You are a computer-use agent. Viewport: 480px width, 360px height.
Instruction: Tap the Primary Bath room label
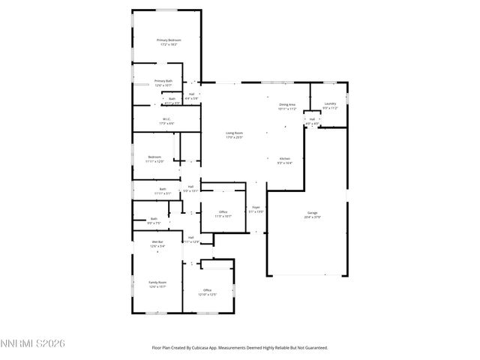[163, 81]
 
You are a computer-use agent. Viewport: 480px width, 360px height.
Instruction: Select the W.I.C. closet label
[166, 118]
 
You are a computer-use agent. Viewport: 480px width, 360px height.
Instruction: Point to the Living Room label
[235, 133]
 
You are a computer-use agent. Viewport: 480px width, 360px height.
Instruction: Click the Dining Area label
[287, 104]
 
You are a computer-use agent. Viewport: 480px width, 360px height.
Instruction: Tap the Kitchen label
[285, 158]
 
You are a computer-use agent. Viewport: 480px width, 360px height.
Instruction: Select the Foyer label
[256, 207]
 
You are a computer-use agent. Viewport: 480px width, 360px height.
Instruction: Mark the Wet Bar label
[157, 241]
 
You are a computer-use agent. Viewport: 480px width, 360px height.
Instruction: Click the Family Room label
[157, 282]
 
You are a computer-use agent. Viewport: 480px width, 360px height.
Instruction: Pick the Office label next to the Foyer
[223, 212]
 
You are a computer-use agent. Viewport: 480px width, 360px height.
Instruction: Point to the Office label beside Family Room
[207, 289]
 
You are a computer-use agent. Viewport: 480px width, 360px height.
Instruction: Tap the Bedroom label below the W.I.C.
[154, 157]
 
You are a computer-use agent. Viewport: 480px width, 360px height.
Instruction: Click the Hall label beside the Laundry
[311, 119]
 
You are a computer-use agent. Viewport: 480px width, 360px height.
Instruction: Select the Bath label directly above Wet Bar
[154, 218]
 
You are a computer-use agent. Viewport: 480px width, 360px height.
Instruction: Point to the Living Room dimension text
[235, 137]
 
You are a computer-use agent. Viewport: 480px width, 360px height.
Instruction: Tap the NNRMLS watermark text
[33, 343]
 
